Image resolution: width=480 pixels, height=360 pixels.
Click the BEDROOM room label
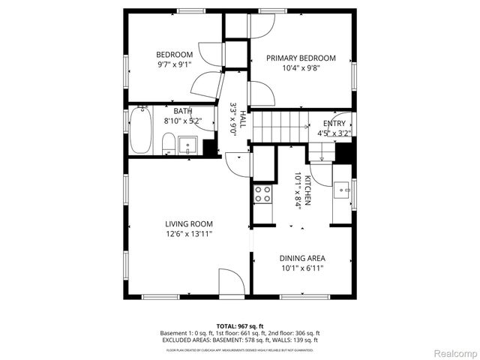174,55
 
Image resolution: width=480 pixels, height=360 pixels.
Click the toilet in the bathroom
169,142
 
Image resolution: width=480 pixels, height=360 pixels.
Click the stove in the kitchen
262,194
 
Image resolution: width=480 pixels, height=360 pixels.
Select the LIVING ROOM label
189,223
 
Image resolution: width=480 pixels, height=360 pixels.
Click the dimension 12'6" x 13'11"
189,234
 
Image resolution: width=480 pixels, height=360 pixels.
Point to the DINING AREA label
302,258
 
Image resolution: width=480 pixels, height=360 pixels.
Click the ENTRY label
334,124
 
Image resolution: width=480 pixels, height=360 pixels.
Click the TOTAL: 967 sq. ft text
240,325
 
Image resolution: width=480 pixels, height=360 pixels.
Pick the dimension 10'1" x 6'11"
302,268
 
